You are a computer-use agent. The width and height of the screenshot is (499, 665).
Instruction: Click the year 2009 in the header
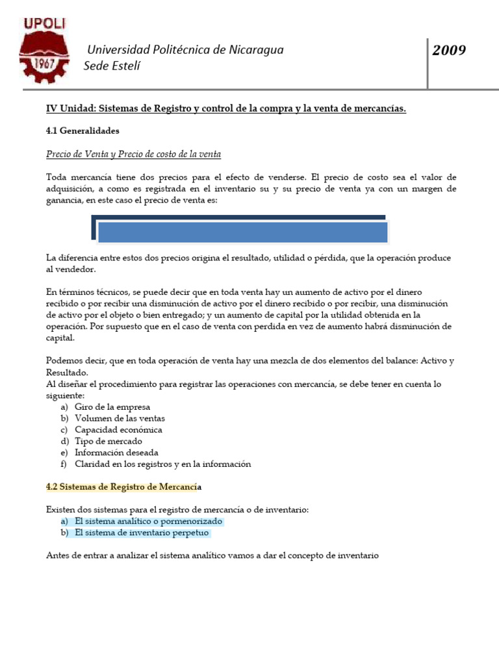(x=450, y=50)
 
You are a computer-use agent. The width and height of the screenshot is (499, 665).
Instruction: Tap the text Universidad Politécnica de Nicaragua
(x=186, y=50)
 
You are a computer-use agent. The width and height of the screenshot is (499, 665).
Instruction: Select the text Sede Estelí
(x=112, y=66)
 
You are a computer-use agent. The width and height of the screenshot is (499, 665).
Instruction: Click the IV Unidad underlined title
(x=225, y=108)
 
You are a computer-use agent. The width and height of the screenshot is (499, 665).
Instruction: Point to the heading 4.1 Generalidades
(x=83, y=131)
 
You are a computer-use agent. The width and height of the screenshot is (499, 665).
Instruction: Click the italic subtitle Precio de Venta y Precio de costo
(x=134, y=154)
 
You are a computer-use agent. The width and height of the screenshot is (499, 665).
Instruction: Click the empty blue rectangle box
(x=243, y=232)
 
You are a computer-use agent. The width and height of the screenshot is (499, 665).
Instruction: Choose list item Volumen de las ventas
(x=120, y=418)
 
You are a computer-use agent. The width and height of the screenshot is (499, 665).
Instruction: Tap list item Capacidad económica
(x=118, y=430)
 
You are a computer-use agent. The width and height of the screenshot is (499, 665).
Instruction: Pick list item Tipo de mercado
(x=109, y=441)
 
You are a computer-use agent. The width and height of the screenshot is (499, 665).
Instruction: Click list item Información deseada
(x=116, y=453)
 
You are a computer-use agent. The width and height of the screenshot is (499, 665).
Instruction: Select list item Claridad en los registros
(x=162, y=464)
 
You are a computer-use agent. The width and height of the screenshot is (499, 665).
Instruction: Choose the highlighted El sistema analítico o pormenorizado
(x=148, y=521)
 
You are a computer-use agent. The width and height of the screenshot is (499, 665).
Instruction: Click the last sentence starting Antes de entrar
(x=212, y=556)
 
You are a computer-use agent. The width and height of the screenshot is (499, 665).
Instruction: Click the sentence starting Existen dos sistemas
(x=177, y=510)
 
